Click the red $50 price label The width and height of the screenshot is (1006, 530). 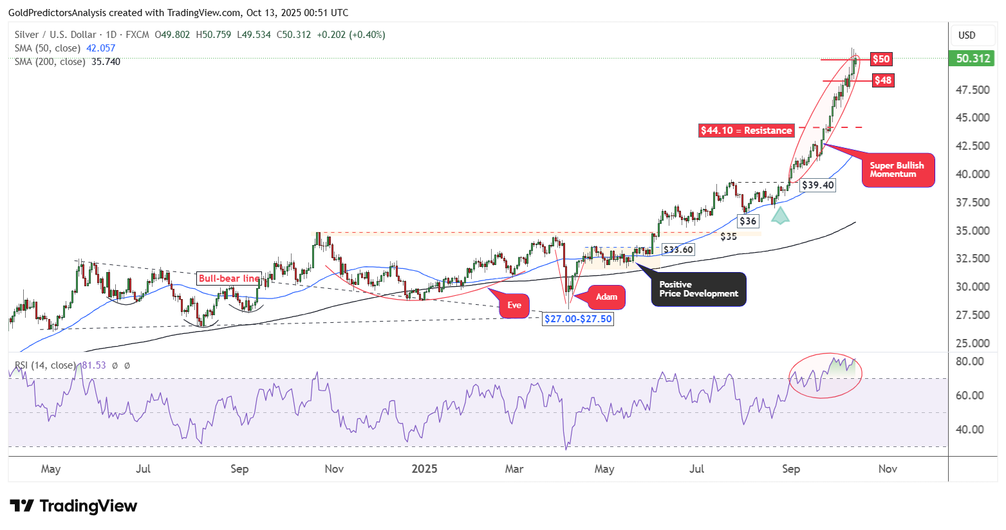(x=880, y=59)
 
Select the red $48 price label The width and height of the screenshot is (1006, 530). (x=882, y=80)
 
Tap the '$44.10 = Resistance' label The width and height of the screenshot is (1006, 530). (x=747, y=131)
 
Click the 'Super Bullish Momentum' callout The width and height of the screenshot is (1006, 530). (x=897, y=170)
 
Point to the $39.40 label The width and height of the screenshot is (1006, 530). (x=817, y=185)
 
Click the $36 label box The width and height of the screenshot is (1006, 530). (x=748, y=221)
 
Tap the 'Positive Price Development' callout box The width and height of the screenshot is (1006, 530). (x=699, y=289)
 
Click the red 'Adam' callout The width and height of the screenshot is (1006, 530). (x=606, y=297)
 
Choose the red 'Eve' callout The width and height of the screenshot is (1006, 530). (x=514, y=306)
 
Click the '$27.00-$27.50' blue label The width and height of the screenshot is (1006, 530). (x=578, y=319)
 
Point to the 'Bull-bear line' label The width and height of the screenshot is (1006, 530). (x=229, y=279)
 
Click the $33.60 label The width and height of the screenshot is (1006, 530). (x=678, y=250)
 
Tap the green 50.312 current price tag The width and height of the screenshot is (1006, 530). (x=973, y=59)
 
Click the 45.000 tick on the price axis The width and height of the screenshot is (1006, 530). (x=973, y=118)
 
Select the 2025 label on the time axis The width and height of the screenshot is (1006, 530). (x=424, y=469)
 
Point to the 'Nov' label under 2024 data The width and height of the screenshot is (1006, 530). (x=334, y=469)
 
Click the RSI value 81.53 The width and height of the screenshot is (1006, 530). (x=94, y=365)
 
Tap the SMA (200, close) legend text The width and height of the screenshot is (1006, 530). (x=50, y=62)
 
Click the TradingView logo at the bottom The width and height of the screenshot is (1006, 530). (x=73, y=506)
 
